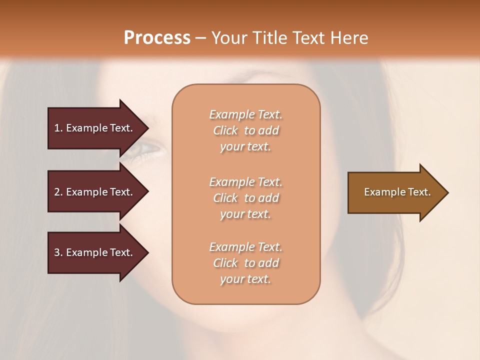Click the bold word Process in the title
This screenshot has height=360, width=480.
[157, 38]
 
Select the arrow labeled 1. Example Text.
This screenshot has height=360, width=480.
[93, 128]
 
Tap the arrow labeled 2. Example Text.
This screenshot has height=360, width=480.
[93, 192]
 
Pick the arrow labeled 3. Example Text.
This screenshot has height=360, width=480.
[93, 252]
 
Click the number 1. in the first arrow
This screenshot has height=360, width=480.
[58, 128]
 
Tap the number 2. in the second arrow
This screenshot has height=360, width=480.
[58, 192]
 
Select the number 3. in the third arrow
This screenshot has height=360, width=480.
[58, 252]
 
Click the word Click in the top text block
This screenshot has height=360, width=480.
[225, 130]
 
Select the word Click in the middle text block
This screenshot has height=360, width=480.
[225, 198]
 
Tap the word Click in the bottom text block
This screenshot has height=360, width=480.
[225, 263]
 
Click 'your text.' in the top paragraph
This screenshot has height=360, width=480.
[245, 147]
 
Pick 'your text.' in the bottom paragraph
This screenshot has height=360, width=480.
[245, 279]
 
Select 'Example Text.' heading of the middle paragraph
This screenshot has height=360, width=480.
[245, 182]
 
